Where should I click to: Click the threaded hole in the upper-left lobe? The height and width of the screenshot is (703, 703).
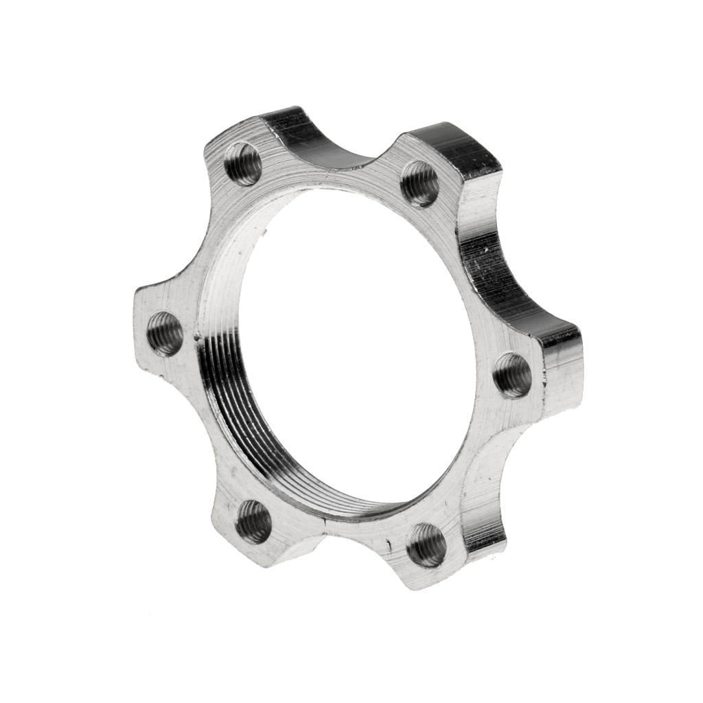[244, 163]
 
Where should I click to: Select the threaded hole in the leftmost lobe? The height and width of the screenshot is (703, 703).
[165, 334]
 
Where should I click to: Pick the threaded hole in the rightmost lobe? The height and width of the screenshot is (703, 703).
[512, 375]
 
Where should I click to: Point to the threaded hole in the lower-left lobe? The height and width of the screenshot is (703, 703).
[253, 522]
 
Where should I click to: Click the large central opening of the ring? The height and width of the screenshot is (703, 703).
[350, 343]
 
